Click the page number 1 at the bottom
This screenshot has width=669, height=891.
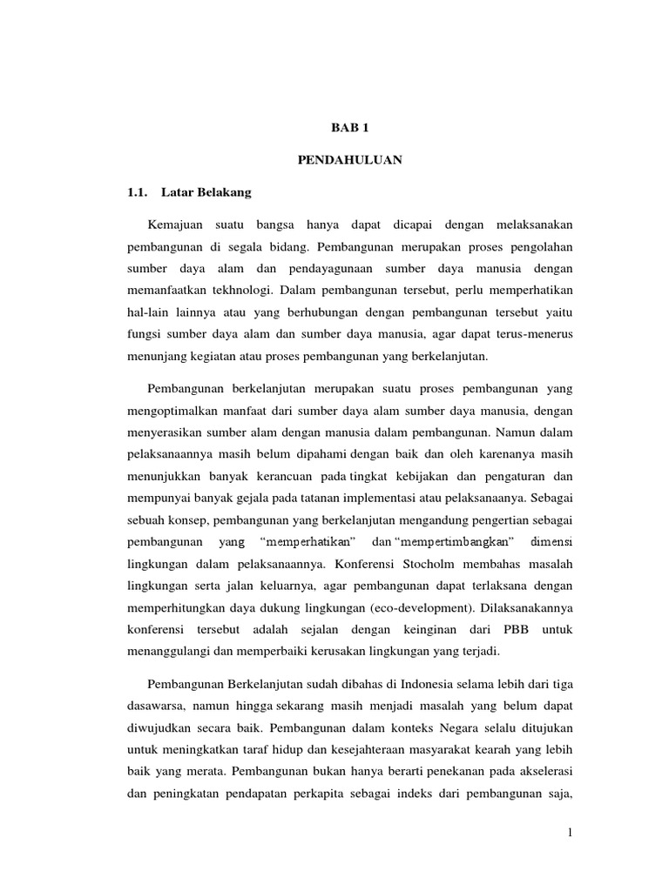coord(570,834)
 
